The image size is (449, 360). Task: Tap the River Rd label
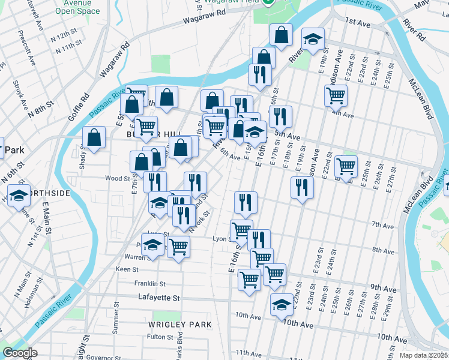419,32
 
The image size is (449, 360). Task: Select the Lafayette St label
159,298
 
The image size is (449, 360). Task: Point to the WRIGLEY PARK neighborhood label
180,325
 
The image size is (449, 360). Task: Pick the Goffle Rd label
79,106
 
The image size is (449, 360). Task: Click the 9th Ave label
382,287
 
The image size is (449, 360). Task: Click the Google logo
20,353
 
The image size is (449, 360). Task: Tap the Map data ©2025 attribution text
423,355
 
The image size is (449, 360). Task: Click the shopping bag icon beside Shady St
94,137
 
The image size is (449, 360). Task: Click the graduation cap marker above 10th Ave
282,304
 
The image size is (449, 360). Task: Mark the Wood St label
117,178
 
